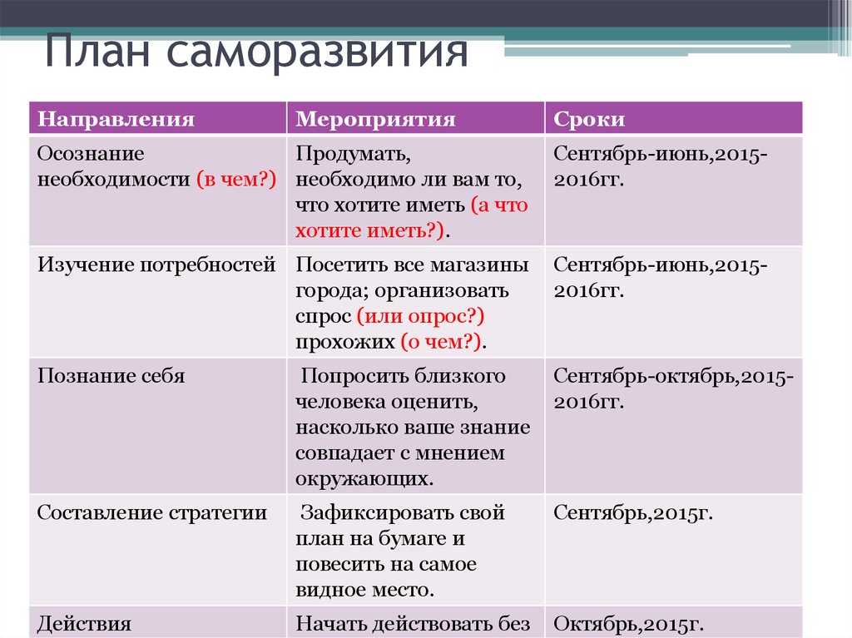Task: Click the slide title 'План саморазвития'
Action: [256, 52]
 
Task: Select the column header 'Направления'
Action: [116, 119]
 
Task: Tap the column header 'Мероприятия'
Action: [375, 119]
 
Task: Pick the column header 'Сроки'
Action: [589, 119]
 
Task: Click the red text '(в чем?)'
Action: [236, 179]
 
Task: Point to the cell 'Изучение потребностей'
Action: [156, 265]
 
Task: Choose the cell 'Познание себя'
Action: [111, 375]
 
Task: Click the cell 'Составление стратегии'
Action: [152, 512]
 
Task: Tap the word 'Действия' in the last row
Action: [84, 623]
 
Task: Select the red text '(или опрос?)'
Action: [420, 316]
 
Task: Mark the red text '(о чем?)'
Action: [441, 341]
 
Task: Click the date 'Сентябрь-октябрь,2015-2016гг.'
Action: [673, 388]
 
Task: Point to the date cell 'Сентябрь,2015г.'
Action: [633, 512]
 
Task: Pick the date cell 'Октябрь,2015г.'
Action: [628, 624]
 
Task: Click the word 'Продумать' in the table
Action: [353, 155]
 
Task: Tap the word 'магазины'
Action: [479, 265]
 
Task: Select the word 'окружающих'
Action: [364, 478]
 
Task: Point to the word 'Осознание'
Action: [91, 154]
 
